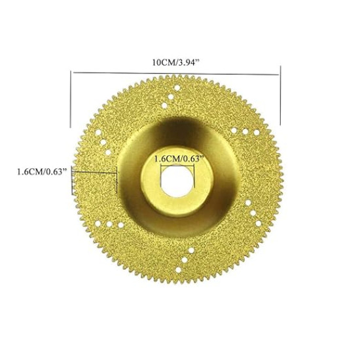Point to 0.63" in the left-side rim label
pyautogui.click(x=59, y=173)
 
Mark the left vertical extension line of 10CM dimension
pyautogui.click(x=70, y=98)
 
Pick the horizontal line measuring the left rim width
pyautogui.click(x=96, y=173)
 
